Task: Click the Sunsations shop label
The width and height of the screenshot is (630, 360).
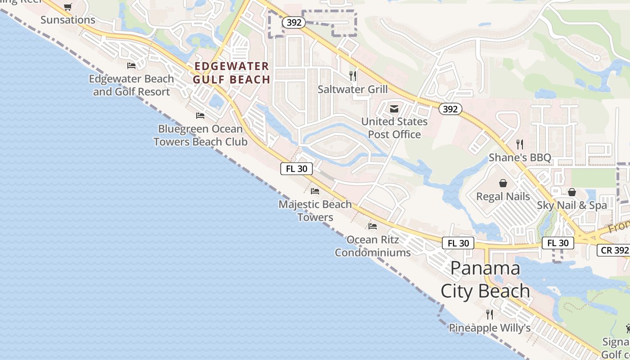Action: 68,20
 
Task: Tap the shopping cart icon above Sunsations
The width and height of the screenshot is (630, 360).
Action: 67,7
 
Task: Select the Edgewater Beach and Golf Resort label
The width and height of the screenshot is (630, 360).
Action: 131,85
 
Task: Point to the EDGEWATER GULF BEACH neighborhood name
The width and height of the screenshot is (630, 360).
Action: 232,73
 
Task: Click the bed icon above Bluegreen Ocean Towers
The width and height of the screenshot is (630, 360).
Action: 200,116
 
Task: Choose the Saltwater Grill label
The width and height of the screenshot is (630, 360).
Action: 353,89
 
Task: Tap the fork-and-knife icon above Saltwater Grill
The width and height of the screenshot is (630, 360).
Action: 353,76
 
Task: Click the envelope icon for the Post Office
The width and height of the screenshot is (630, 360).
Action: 394,108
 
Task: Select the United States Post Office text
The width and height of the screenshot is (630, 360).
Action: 395,128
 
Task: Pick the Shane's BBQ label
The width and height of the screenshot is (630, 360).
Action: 520,157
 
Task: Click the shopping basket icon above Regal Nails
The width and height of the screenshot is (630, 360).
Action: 503,183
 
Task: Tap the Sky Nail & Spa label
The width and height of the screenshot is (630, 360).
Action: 572,205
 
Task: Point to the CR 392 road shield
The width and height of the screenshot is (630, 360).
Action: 614,250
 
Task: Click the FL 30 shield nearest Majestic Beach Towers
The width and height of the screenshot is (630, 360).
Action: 297,169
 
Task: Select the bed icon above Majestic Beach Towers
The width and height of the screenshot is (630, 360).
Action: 315,191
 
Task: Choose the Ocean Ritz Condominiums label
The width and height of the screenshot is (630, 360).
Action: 373,246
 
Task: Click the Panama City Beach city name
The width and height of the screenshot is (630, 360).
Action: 485,279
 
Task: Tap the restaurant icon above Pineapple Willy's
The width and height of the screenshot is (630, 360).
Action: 490,314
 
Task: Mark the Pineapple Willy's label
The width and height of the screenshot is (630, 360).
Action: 490,328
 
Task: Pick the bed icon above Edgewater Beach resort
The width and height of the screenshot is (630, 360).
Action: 131,66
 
